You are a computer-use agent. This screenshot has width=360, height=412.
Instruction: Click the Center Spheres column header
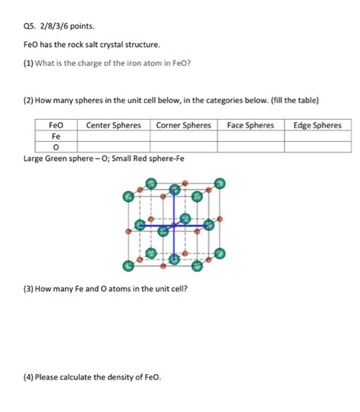(x=113, y=125)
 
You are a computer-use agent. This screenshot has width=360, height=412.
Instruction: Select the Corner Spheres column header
(x=183, y=125)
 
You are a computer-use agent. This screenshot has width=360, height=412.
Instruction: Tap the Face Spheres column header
(x=250, y=125)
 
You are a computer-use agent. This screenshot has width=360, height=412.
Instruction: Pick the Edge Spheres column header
(x=317, y=125)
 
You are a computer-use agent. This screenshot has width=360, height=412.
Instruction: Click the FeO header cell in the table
(x=56, y=125)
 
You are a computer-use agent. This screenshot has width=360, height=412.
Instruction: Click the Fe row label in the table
(x=56, y=137)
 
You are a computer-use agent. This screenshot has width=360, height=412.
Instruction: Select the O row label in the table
(x=56, y=148)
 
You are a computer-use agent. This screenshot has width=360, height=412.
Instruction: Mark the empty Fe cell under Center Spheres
(x=113, y=137)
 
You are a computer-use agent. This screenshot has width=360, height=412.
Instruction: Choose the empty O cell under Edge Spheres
(x=317, y=148)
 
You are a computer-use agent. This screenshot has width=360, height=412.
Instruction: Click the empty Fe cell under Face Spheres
(x=250, y=137)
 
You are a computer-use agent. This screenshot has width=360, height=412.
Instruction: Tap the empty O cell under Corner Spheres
(x=183, y=148)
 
